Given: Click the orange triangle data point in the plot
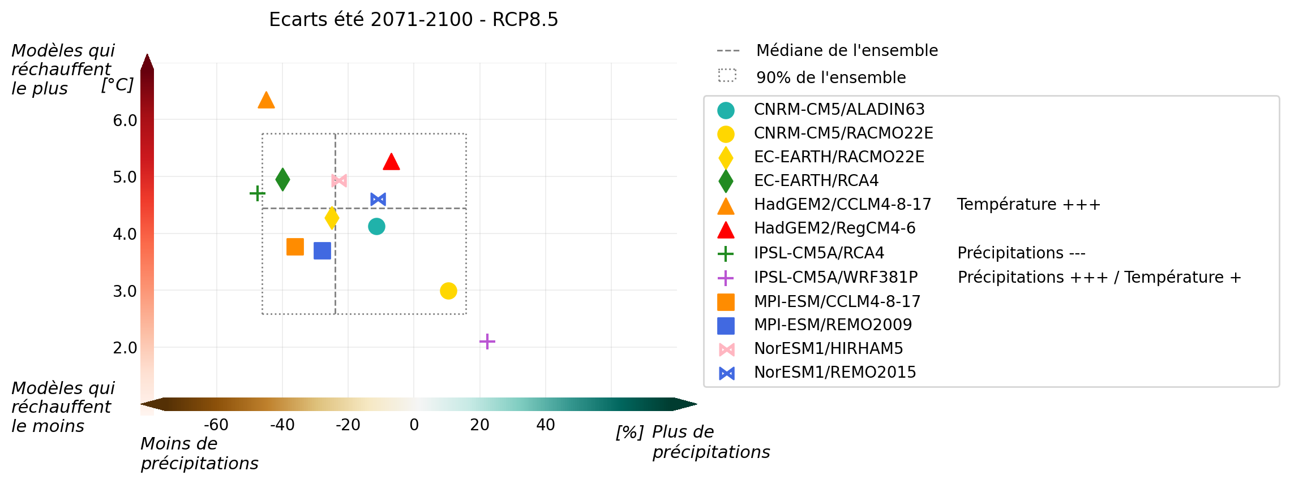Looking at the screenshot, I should tap(266, 101).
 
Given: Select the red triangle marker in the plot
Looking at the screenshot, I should tap(391, 162).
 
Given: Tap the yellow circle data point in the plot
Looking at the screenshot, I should tap(448, 291).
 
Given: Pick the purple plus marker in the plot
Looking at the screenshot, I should tap(487, 342).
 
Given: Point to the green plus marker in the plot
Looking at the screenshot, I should tap(258, 193).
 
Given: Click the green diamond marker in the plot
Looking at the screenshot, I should tap(282, 180).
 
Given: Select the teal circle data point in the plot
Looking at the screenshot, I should tap(376, 227).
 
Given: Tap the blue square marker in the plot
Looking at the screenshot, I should tap(322, 250).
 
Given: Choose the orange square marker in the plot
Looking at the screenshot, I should tap(295, 247).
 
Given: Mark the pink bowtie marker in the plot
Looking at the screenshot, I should tap(339, 180).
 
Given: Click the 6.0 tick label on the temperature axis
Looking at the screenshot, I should tap(125, 120).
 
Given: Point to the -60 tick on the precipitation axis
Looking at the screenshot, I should tap(216, 425).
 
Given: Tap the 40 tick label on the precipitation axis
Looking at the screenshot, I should tap(546, 425).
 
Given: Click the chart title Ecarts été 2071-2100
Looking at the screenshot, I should tap(413, 20).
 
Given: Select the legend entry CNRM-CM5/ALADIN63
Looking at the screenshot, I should tap(839, 110).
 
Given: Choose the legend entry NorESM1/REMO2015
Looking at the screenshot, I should tap(834, 373).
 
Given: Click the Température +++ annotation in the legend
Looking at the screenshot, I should tap(1028, 205).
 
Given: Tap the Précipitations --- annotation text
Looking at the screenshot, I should tap(1021, 253).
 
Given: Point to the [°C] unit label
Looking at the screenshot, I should tap(117, 85).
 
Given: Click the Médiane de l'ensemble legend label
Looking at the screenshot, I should tap(847, 51).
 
